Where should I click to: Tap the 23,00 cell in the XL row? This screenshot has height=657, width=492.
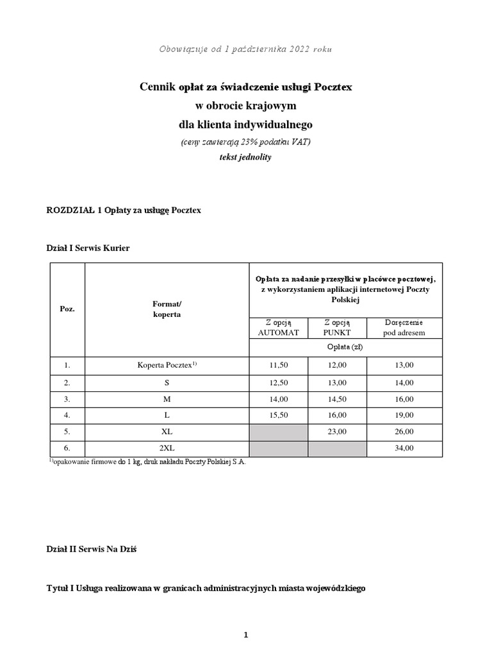[337, 431]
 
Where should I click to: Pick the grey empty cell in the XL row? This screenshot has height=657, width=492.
[278, 431]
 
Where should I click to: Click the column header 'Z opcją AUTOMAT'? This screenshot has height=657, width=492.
[278, 327]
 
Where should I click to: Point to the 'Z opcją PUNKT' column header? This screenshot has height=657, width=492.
[337, 327]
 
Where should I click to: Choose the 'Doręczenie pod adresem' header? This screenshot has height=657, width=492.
[404, 327]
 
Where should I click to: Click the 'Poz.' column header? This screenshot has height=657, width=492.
[67, 309]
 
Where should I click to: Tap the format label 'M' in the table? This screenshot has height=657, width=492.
[167, 398]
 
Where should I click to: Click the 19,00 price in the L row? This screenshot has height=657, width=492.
[404, 414]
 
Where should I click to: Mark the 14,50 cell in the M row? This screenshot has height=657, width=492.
[337, 398]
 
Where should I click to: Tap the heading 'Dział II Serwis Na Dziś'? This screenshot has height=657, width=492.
[92, 549]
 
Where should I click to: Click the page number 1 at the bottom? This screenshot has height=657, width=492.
[245, 635]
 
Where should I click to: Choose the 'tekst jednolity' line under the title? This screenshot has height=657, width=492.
[245, 157]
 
